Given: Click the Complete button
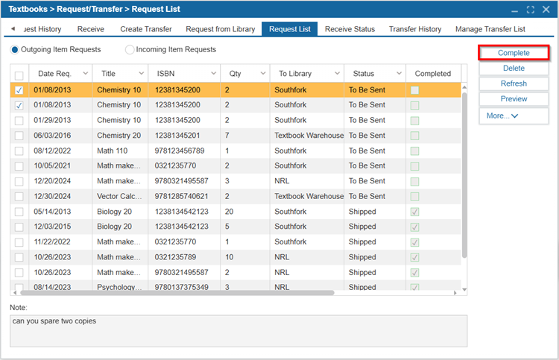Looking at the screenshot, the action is (514, 53).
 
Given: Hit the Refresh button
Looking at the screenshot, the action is (514, 83).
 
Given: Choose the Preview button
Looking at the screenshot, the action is (514, 98).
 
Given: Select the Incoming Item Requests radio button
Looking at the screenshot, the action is (130, 49).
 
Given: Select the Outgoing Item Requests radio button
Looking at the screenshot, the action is (15, 49).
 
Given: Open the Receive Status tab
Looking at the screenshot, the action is (350, 29).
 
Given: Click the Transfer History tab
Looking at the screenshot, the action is (415, 29).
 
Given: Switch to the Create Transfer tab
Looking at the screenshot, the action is (146, 29).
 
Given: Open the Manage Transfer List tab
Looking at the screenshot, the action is (490, 29).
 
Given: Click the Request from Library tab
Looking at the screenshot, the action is (221, 29).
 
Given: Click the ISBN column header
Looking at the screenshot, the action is (165, 74).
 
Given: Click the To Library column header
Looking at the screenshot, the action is (295, 74).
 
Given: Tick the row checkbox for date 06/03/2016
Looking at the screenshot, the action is (19, 136).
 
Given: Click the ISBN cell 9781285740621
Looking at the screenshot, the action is (181, 196).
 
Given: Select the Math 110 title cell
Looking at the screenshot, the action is (113, 151).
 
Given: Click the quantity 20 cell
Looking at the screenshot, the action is (229, 212).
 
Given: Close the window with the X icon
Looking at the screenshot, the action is (546, 10).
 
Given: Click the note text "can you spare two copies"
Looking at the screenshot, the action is (54, 320).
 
